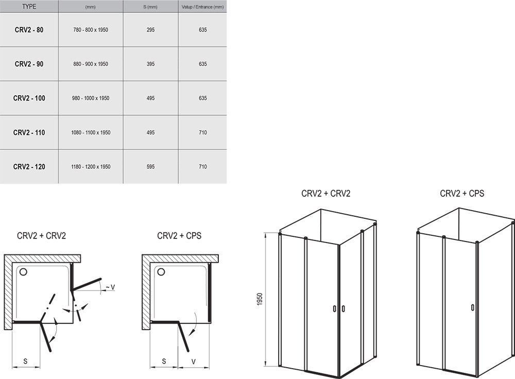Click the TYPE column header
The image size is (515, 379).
[29, 7]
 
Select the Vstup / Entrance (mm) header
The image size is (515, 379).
[202, 7]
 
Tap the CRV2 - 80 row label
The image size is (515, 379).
[29, 30]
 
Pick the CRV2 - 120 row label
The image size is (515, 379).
[29, 167]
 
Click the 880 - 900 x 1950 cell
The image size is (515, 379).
[91, 64]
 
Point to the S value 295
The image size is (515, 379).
[150, 30]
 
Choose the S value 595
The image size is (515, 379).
[150, 167]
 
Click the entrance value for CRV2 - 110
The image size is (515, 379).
[202, 133]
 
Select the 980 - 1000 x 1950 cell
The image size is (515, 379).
[91, 98]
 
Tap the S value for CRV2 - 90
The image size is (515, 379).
[150, 64]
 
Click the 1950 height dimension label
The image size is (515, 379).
[260, 299]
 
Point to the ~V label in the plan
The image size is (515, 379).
[110, 287]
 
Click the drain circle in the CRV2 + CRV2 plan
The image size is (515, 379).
[23, 271]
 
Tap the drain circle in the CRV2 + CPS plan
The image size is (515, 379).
[161, 271]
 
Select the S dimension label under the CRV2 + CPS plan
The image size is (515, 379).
[164, 361]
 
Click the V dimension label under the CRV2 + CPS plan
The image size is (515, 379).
[194, 361]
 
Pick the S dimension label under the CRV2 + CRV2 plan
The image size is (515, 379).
[25, 361]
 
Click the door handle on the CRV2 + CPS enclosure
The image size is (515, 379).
[472, 307]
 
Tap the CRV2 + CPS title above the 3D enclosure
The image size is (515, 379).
[462, 194]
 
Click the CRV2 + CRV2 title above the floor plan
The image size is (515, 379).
[41, 236]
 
